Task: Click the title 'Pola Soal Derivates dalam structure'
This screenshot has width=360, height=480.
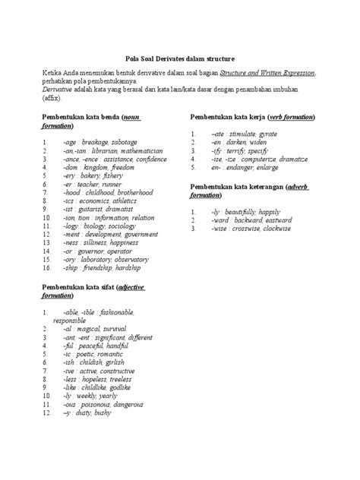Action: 180,57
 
